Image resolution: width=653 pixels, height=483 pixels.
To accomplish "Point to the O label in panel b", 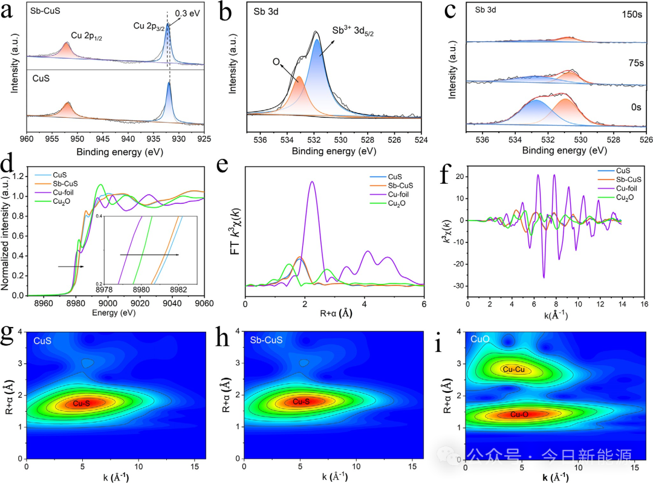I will point(275,62).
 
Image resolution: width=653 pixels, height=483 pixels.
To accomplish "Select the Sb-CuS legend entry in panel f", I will point(625,180).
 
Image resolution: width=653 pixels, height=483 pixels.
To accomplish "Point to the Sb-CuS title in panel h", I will point(266,340).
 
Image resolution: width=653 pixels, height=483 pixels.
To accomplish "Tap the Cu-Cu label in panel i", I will point(513,369).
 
